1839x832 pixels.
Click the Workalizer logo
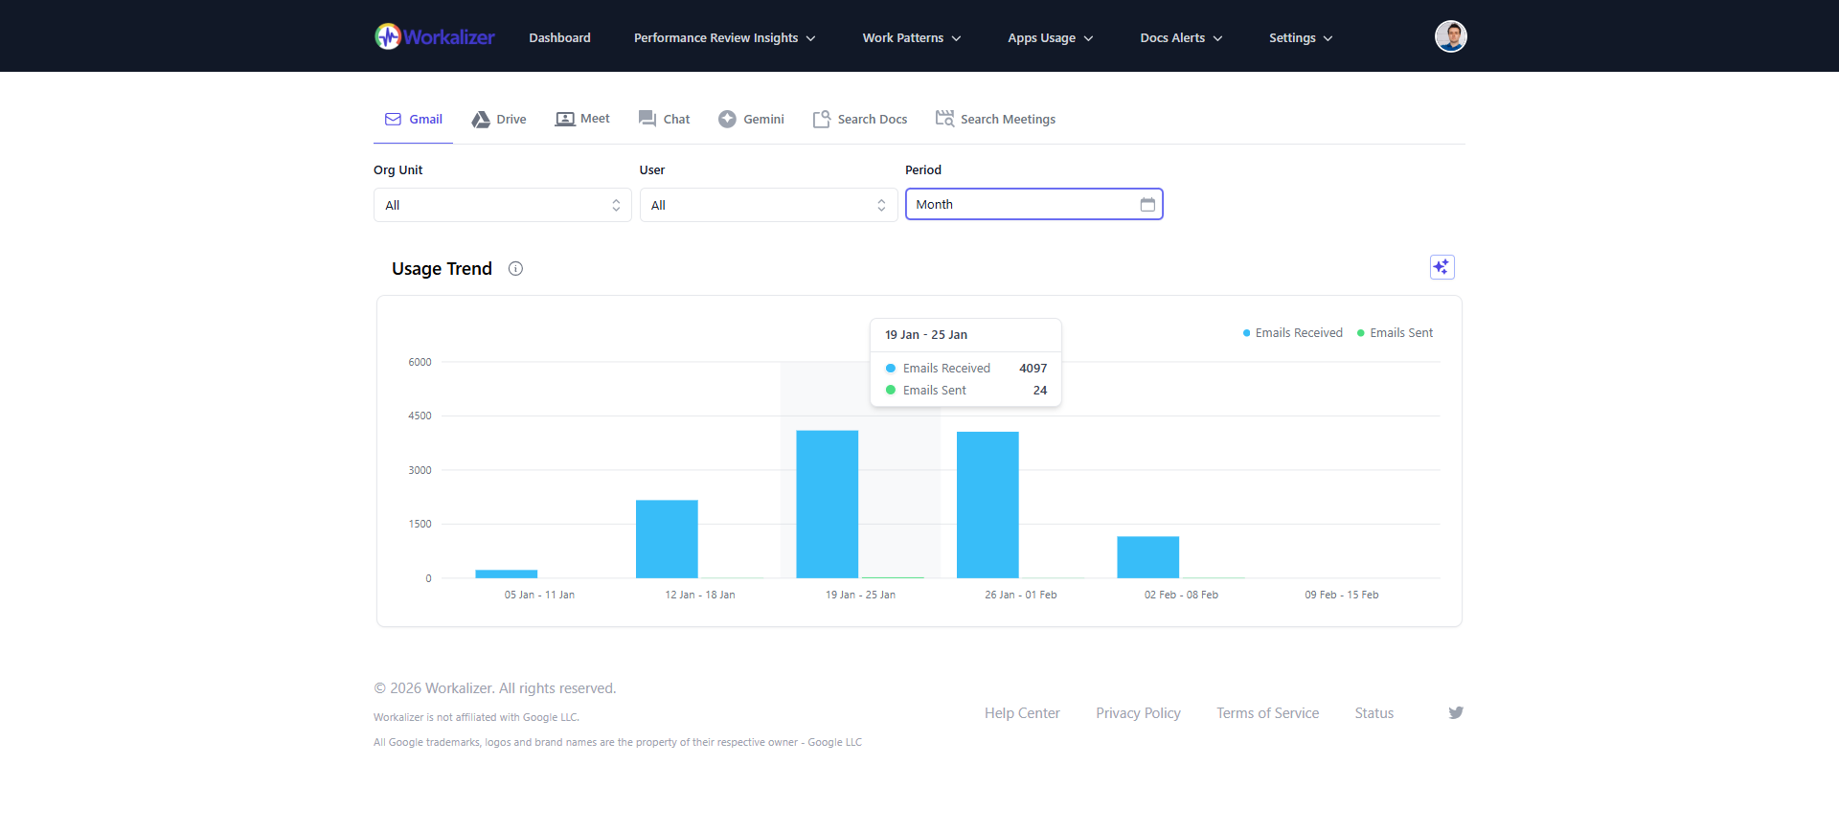435,37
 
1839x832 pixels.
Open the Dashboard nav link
559,38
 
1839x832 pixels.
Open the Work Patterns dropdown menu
911,38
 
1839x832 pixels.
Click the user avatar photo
1450,36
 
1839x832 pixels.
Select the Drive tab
499,120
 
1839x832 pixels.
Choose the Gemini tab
752,120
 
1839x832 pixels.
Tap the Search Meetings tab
996,120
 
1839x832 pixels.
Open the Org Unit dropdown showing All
502,205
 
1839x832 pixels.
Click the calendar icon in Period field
1147,205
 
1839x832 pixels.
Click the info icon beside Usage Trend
515,269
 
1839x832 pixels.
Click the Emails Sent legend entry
1396,333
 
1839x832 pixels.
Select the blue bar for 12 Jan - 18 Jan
667,539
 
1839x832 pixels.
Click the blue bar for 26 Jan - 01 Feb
988,505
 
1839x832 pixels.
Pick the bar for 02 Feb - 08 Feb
1147,557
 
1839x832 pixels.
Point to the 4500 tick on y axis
420,416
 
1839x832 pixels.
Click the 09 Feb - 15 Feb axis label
1341,596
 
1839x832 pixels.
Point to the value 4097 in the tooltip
1033,369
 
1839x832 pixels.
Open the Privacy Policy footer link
1138,713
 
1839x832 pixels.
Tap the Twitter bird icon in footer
1456,713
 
